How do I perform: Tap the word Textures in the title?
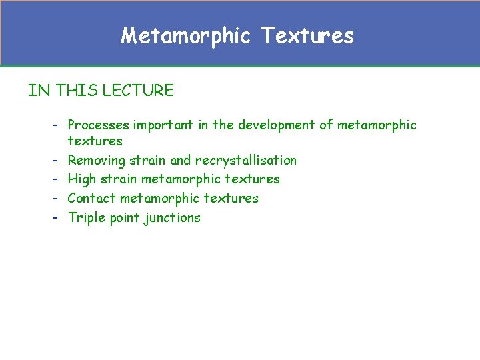pos(307,35)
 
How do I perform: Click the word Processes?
pos(99,125)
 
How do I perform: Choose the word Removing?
pos(97,160)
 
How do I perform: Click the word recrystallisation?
pos(246,160)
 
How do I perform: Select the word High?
pos(82,179)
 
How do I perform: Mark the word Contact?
pos(92,198)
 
